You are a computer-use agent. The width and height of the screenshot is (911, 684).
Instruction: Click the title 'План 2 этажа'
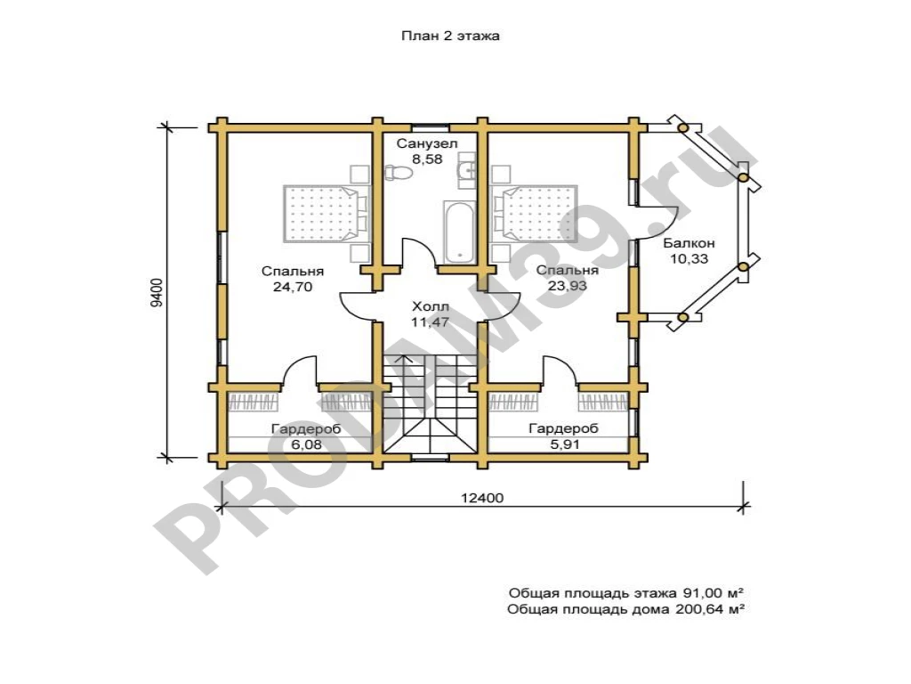tap(450, 36)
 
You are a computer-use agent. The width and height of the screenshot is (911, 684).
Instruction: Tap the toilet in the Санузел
tap(399, 172)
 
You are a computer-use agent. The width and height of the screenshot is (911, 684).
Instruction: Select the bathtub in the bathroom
tap(460, 232)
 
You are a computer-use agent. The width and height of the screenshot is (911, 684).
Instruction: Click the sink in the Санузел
tap(466, 170)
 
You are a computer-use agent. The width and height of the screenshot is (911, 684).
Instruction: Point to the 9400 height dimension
tap(157, 292)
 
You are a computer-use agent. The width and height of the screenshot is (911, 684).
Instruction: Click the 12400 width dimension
tap(482, 498)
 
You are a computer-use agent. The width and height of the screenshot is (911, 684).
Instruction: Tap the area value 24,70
tap(293, 286)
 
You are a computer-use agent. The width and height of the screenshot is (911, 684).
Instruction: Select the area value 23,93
tap(567, 286)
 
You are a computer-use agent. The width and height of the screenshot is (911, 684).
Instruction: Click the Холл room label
tap(431, 306)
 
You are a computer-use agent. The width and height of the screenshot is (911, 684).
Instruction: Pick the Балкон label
tap(689, 243)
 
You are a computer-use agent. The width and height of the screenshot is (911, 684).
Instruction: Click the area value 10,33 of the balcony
tap(689, 259)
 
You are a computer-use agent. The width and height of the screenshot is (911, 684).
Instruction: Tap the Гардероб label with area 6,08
tap(306, 429)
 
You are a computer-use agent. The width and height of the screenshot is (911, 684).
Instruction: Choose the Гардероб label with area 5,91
tap(563, 428)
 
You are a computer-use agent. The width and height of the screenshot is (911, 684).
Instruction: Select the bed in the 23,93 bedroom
tap(535, 214)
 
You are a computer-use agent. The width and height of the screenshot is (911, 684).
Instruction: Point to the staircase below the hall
tap(430, 403)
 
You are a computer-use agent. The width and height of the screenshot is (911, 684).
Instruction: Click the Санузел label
tap(427, 143)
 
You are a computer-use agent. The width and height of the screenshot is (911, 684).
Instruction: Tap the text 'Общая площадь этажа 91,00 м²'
tap(626, 593)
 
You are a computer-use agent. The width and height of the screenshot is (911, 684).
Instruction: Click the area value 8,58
tap(427, 159)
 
